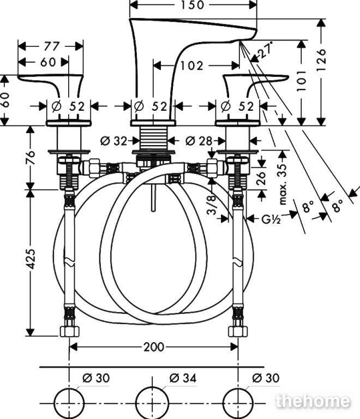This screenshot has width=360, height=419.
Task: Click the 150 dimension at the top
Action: pyautogui.click(x=193, y=4)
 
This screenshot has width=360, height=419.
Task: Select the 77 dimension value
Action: pyautogui.click(x=51, y=46)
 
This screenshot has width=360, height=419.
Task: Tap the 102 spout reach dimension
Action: pyautogui.click(x=192, y=65)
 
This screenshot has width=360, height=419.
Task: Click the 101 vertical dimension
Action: pyautogui.click(x=302, y=81)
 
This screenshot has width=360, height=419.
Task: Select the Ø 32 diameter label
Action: pyautogui.click(x=113, y=141)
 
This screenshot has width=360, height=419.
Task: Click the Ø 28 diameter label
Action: pyautogui.click(x=199, y=141)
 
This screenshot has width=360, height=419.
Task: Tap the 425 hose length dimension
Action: pyautogui.click(x=31, y=259)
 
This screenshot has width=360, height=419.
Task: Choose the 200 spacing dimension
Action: pyautogui.click(x=154, y=347)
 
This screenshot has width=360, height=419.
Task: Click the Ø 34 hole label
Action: pyautogui.click(x=183, y=378)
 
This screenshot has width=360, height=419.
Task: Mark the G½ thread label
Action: pyautogui.click(x=271, y=219)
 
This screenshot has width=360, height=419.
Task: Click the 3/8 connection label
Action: pyautogui.click(x=212, y=205)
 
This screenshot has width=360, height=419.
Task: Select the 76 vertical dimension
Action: pyautogui.click(x=31, y=158)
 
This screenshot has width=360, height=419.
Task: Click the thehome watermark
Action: pyautogui.click(x=313, y=402)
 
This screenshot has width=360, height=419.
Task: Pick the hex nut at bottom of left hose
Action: pyautogui.click(x=69, y=331)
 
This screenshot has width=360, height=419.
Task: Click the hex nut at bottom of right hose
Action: pyautogui.click(x=238, y=331)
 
